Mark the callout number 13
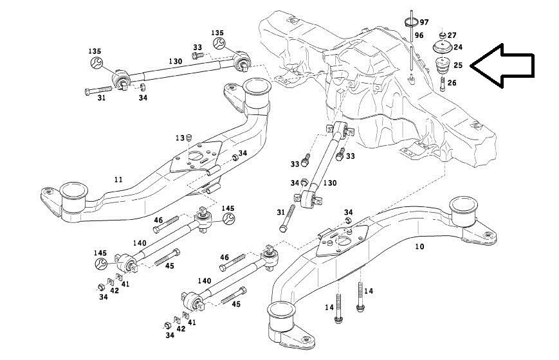point(181,138)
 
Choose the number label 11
point(117,181)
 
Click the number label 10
point(419,247)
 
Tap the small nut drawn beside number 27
point(443,33)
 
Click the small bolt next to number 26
point(443,84)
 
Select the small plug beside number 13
point(190,138)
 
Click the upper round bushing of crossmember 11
point(256,90)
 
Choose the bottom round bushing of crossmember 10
point(282,315)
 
